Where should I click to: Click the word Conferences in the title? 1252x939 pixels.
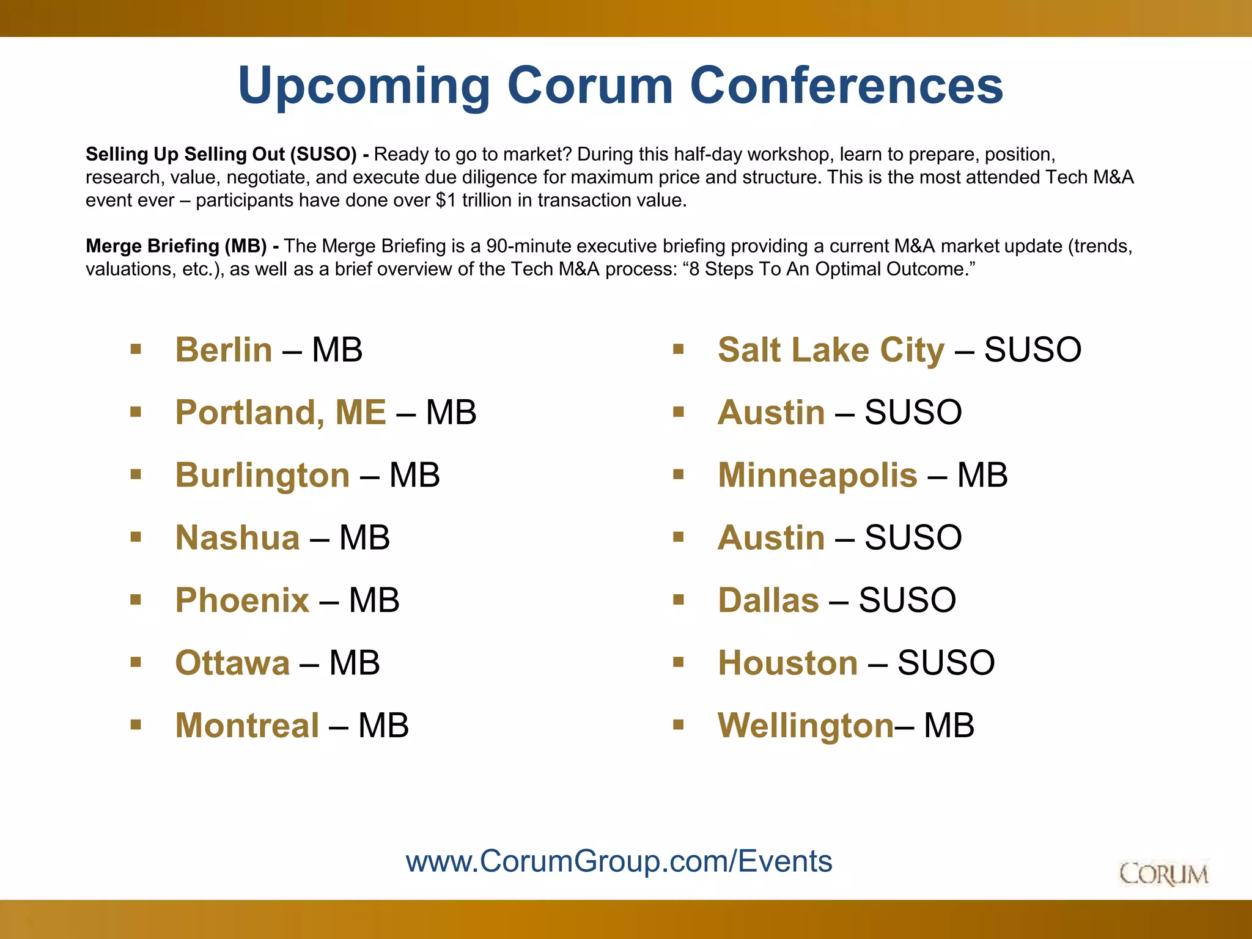[846, 86]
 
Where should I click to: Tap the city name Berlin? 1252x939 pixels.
[224, 350]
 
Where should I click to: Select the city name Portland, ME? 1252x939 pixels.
[281, 413]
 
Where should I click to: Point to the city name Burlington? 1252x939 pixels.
[262, 476]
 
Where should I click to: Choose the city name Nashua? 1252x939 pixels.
[237, 538]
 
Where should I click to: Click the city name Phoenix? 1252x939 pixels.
[242, 600]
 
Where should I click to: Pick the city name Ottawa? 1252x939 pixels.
[232, 663]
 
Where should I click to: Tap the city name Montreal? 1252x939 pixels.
[247, 726]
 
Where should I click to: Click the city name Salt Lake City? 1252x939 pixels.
[831, 350]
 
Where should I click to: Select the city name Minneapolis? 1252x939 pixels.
[817, 476]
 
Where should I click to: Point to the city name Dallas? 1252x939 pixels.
[768, 600]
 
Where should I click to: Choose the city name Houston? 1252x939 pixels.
[788, 663]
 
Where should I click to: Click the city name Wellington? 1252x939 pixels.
[806, 726]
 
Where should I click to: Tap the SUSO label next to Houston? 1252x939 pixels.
[946, 663]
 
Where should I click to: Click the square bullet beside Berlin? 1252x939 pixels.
[136, 350]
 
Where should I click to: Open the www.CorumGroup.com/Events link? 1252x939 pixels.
[619, 861]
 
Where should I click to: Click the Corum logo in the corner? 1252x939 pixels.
[1163, 874]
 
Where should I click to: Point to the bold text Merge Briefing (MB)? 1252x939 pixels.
[176, 246]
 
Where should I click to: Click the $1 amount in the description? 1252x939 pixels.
[446, 201]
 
